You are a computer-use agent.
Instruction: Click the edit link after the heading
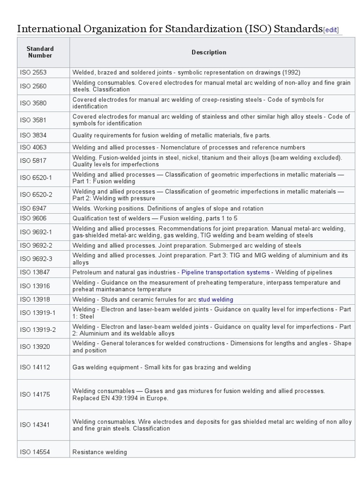[330, 30]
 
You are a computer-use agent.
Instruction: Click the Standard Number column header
[40, 52]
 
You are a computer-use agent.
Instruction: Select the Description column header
[209, 52]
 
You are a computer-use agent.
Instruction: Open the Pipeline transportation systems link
[225, 272]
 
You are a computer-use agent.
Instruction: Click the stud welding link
[215, 300]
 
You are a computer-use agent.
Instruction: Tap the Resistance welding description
[99, 452]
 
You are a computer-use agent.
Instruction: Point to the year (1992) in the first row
[291, 73]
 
